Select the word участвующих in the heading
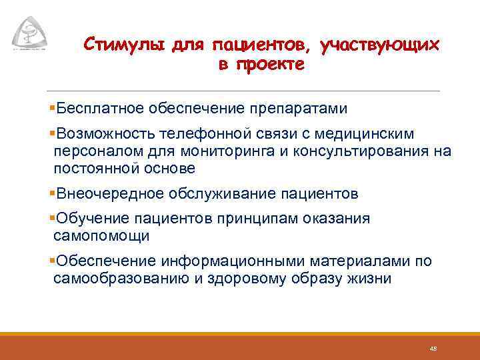(379, 45)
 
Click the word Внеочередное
(111, 194)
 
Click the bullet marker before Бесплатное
(53, 108)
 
